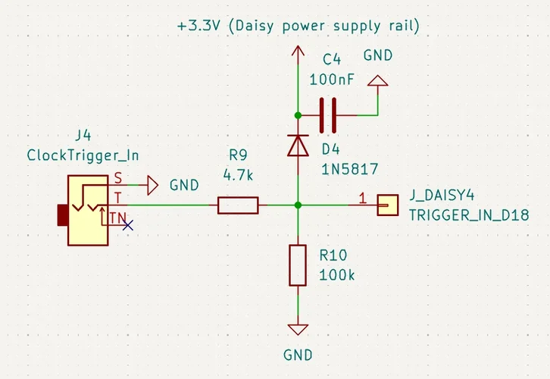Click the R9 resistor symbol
click(238, 205)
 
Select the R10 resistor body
click(298, 265)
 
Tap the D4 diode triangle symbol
click(298, 144)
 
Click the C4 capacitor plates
click(327, 115)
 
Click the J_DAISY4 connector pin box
click(388, 205)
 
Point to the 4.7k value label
click(238, 174)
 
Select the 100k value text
click(337, 274)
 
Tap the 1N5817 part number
click(349, 168)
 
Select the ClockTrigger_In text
click(83, 155)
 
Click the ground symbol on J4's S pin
click(152, 184)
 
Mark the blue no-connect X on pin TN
click(128, 224)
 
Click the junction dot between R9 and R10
click(298, 205)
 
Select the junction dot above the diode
click(298, 115)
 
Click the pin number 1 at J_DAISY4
click(362, 199)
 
